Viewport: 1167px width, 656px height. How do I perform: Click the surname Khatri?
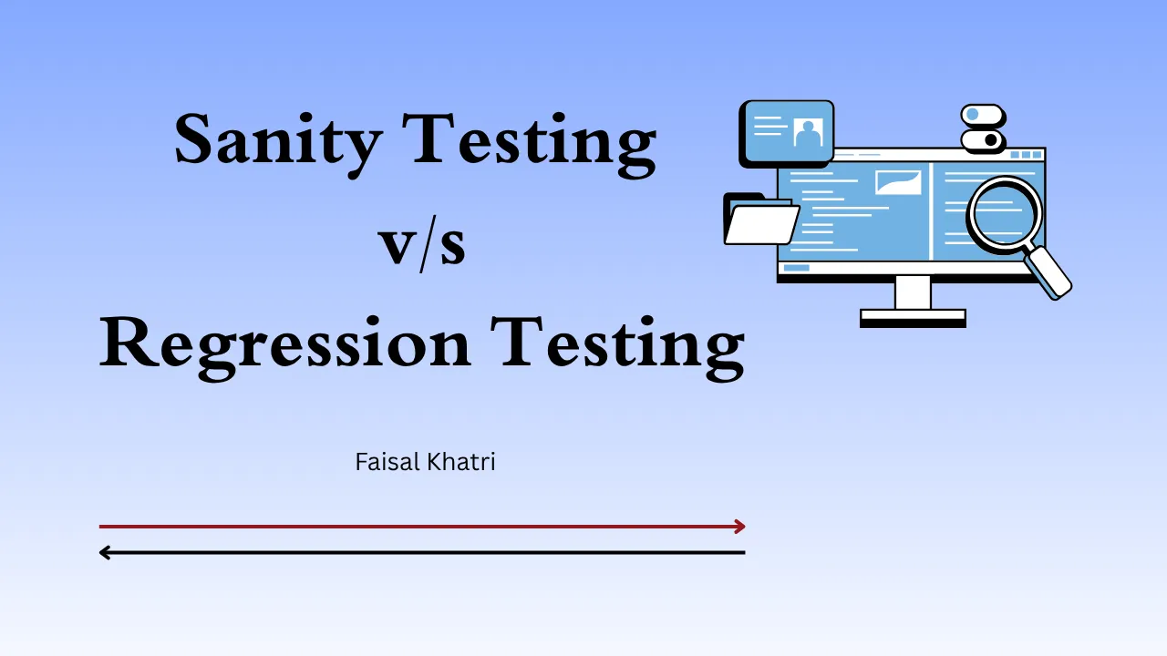pos(460,462)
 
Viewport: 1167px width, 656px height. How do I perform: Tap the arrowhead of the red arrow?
pos(740,526)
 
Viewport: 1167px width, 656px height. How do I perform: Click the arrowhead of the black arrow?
pos(105,552)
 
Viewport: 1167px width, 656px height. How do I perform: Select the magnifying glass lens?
pos(1003,213)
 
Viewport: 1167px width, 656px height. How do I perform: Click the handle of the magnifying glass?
pos(1050,272)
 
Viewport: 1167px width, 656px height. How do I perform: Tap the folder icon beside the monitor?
pos(759,221)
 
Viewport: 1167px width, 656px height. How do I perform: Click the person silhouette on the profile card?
pos(807,133)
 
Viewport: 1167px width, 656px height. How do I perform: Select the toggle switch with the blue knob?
pos(982,115)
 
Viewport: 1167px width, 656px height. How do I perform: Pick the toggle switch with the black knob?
pos(982,140)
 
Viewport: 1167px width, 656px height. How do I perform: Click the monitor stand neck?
pos(913,293)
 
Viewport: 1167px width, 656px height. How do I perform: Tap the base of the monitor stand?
pos(913,316)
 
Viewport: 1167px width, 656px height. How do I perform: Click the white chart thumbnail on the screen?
pos(898,182)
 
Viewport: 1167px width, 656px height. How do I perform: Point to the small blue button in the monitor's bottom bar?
pos(796,268)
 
